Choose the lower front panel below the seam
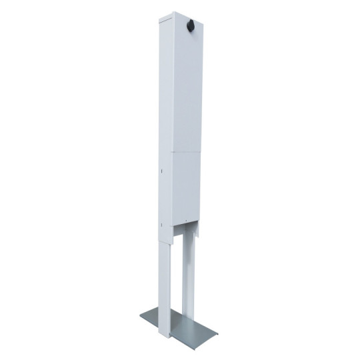coord(183,190)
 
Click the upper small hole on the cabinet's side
coord(163,169)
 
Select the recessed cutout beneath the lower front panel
coord(187,235)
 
